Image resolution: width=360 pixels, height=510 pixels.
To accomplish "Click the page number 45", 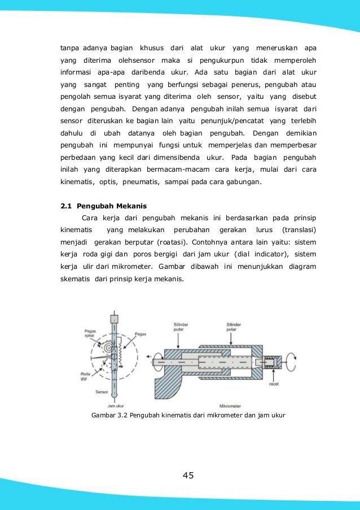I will tap(188, 475).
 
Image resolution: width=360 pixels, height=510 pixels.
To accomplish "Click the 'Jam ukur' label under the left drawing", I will tap(116, 406).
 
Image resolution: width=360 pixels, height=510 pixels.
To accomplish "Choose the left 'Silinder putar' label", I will tap(179, 327).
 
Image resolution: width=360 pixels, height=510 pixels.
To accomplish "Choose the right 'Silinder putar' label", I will tap(234, 327).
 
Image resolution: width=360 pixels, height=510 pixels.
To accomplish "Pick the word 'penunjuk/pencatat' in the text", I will tap(231, 121).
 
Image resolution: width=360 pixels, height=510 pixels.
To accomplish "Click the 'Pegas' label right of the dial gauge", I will tap(141, 334).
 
